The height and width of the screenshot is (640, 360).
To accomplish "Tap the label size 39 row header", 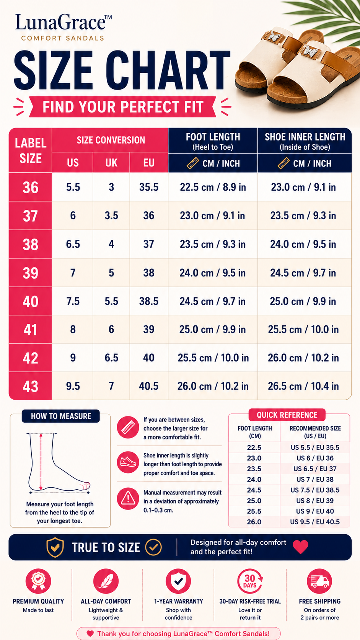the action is tap(31, 273).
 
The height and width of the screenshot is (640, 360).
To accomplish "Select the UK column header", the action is tap(111, 163).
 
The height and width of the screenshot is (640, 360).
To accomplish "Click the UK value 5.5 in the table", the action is tap(111, 301).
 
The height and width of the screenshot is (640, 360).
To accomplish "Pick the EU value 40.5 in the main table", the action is tap(149, 386).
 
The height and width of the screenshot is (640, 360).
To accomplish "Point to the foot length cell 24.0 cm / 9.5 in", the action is tap(213, 273).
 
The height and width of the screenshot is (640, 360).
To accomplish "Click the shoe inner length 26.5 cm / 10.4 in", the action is tap(303, 386).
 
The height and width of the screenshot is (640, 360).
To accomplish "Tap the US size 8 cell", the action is tap(73, 330).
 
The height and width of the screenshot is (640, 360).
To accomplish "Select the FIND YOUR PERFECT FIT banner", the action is tap(122, 107).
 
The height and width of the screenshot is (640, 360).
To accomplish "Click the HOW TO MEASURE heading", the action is tap(61, 416).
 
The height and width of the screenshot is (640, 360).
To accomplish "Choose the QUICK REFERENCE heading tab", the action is tap(287, 415).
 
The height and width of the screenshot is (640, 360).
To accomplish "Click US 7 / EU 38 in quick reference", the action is tap(315, 480).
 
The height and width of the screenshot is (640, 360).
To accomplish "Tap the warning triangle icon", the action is tap(128, 499).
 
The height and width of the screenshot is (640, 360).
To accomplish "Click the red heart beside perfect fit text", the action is tap(301, 547).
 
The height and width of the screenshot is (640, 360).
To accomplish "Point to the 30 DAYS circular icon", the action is tap(250, 581).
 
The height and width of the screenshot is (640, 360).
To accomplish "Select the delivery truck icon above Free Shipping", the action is tap(319, 581).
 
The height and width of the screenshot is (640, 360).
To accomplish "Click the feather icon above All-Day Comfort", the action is tap(106, 581).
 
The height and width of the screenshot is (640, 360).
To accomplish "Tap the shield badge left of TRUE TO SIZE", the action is tap(55, 547).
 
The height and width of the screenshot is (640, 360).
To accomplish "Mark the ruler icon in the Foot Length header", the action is tap(193, 163).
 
